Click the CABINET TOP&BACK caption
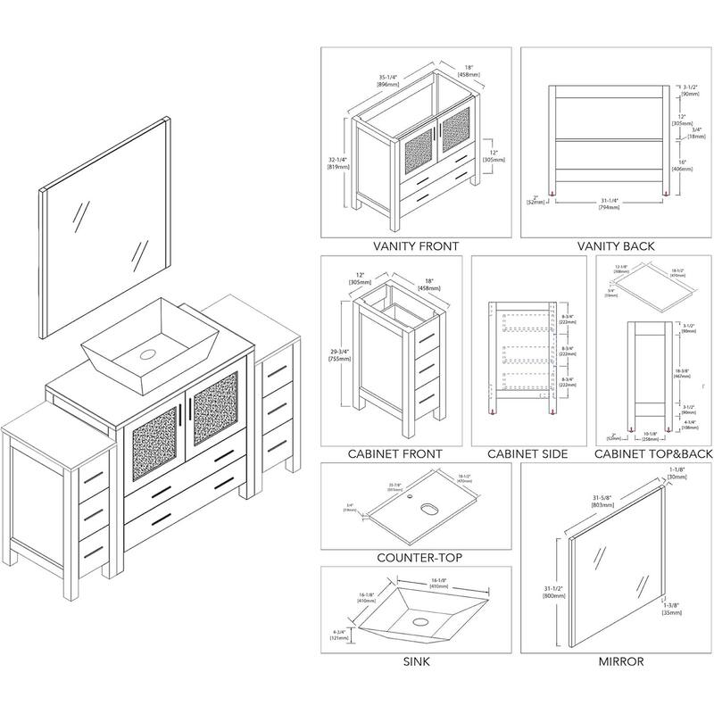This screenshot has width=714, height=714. pyautogui.click(x=654, y=454)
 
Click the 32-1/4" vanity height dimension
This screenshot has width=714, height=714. pyautogui.click(x=337, y=162)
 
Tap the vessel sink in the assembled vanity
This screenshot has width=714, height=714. pyautogui.click(x=143, y=348)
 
